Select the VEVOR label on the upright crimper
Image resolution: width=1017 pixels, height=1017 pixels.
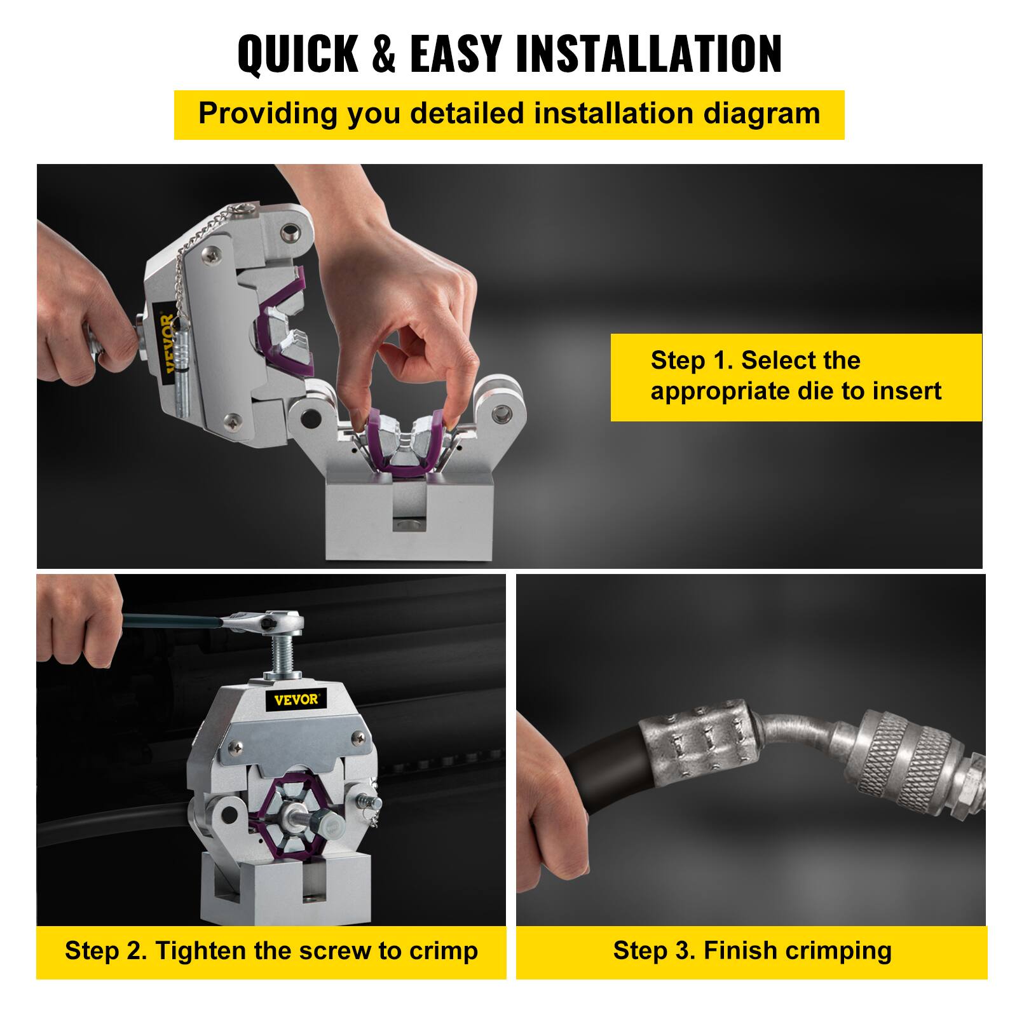(296, 700)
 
